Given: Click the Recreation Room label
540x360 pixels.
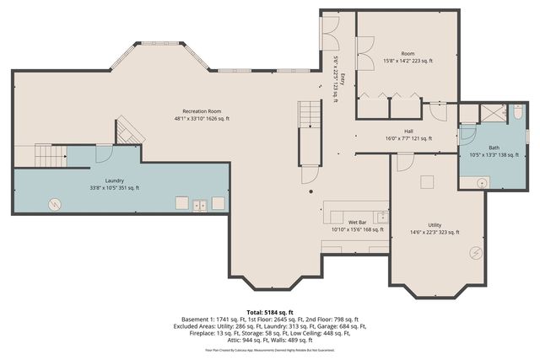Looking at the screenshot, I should [202, 110].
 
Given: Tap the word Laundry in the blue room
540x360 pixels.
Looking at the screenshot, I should [115, 180].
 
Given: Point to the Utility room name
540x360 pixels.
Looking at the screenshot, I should [435, 224].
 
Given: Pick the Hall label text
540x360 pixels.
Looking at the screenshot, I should [408, 131].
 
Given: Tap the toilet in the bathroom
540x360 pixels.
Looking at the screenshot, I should [517, 111].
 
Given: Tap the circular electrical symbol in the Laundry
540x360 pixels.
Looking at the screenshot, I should [55, 203].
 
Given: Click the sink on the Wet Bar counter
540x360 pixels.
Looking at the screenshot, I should [381, 218].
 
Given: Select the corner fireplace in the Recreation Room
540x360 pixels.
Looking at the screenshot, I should [128, 131].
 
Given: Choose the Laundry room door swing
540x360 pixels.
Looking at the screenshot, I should [104, 153].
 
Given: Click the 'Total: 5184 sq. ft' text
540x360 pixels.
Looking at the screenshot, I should [269, 312].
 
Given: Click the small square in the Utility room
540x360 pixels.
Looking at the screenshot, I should [427, 181].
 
